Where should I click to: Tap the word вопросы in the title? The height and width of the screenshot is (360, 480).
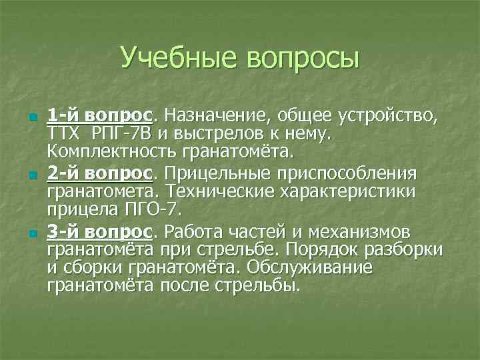click(302, 59)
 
